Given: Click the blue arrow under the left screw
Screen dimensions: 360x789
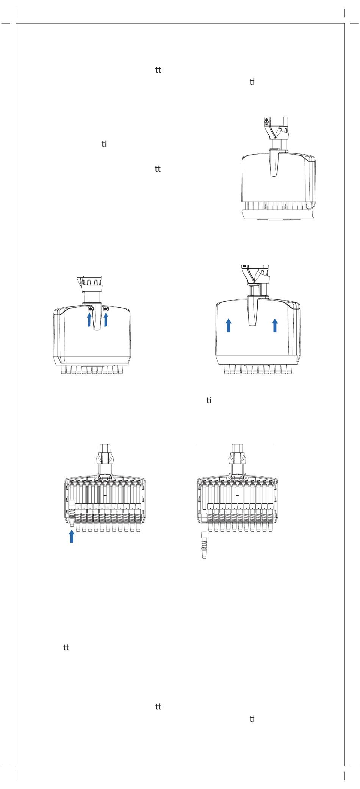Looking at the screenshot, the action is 89,320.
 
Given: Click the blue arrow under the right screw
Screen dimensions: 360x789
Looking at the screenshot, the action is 106,320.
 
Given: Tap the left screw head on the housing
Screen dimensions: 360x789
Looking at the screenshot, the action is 90,309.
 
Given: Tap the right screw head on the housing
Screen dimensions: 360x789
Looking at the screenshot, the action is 106,309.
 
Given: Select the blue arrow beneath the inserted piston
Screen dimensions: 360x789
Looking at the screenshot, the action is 71,536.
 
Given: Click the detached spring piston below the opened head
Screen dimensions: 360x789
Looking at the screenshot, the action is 204,545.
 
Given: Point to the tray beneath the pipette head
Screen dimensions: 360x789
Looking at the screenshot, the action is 279,215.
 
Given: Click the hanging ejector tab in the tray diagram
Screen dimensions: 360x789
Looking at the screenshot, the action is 274,163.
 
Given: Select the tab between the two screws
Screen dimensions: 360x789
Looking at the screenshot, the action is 98,316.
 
